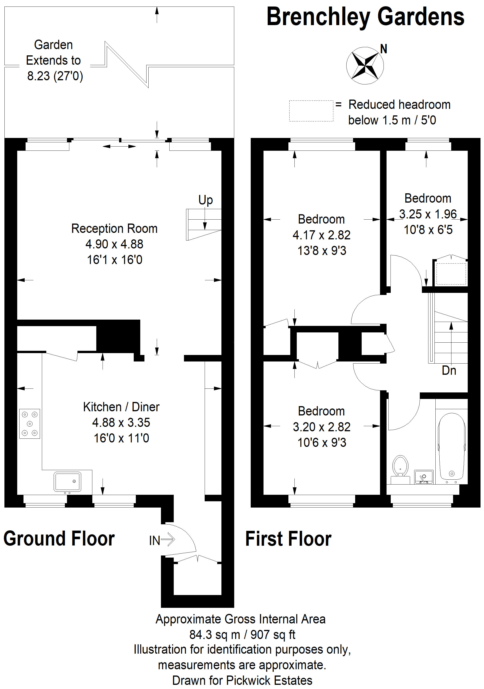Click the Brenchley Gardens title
365,17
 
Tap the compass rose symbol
365,65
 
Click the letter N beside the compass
384,49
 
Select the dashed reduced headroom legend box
311,111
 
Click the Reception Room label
114,229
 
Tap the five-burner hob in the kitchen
30,424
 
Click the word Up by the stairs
206,200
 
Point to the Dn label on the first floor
449,371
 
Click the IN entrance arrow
162,540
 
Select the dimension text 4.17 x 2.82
321,235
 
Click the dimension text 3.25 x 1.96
428,214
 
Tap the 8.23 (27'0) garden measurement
55,76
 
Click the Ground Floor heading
59,539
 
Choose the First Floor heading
288,539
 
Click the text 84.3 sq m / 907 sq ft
242,634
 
